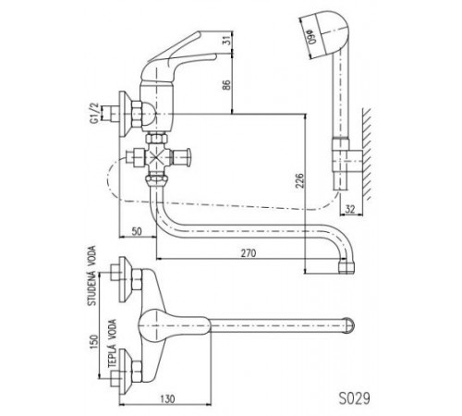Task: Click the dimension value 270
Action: pos(249,253)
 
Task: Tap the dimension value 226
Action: pos(299,181)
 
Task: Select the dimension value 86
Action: pos(226,85)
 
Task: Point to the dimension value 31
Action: pos(226,41)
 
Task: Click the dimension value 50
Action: pos(137,231)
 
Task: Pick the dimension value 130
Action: pos(167,398)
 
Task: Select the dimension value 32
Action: pos(350,209)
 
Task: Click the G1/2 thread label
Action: pos(94,114)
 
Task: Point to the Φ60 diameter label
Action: pos(313,36)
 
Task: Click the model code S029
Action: pos(355,398)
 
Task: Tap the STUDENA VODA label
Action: pos(91,275)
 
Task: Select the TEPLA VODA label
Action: pos(112,343)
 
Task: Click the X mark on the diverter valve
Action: pos(157,158)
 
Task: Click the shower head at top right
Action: pos(325,34)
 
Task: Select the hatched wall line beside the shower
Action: pos(367,154)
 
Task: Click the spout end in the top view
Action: pos(349,325)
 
